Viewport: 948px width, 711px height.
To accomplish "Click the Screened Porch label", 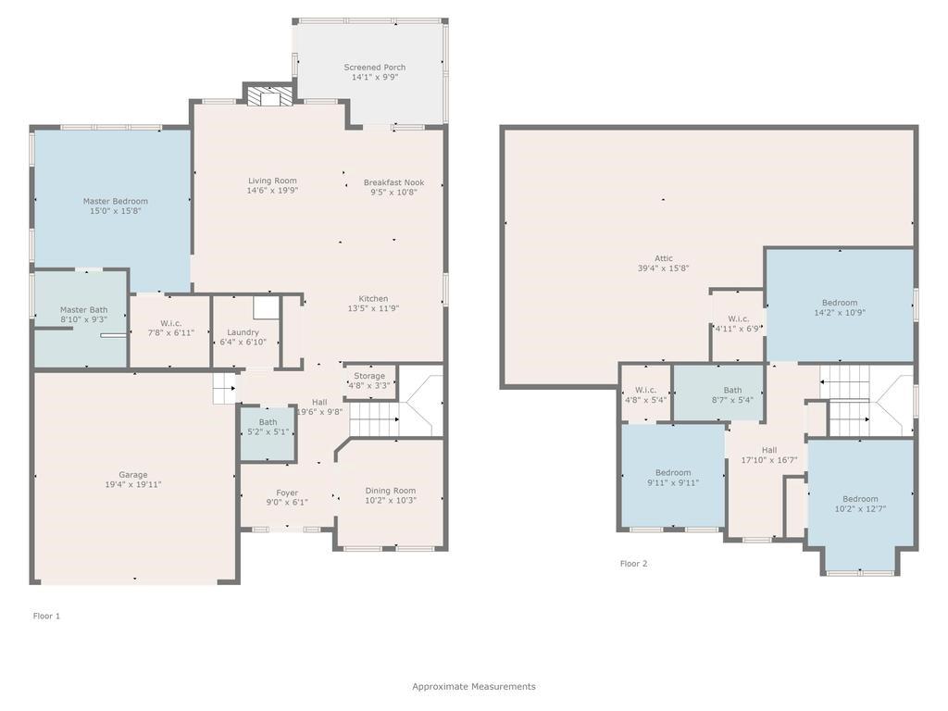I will [x=374, y=68].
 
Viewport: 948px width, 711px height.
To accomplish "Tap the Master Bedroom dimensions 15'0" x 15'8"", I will [x=115, y=211].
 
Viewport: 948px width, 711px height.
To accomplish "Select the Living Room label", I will [x=272, y=181].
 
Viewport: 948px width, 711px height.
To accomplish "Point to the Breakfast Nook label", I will [x=393, y=182].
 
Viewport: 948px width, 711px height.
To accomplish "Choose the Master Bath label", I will [x=83, y=310].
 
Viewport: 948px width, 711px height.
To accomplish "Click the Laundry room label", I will [x=243, y=332].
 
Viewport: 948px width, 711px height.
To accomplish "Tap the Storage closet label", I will [x=369, y=376].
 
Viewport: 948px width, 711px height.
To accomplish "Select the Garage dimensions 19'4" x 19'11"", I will [x=132, y=485].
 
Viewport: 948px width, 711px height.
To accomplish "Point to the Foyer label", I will [x=287, y=493].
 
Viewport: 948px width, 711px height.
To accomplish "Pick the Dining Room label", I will [x=390, y=491].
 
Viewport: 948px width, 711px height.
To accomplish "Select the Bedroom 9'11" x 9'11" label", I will [x=672, y=472].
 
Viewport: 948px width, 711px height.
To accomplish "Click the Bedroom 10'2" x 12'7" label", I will [x=860, y=499].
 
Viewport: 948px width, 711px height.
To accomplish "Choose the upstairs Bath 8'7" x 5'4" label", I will [x=732, y=391].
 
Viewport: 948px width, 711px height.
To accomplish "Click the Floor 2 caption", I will [x=633, y=563].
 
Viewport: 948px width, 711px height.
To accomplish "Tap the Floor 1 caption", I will [x=46, y=616].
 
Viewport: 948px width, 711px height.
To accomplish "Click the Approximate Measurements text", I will [x=473, y=687].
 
